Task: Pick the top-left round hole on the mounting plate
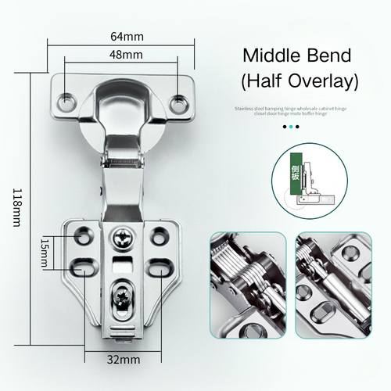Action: [81, 233]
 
